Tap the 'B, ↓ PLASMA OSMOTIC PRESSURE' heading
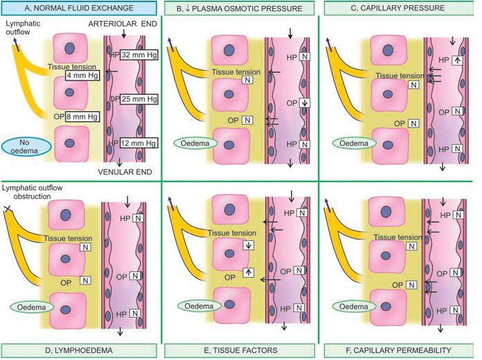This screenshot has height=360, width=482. click(240, 8)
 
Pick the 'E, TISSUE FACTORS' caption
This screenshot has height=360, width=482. click(240, 350)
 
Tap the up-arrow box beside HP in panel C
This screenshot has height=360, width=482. click(456, 60)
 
